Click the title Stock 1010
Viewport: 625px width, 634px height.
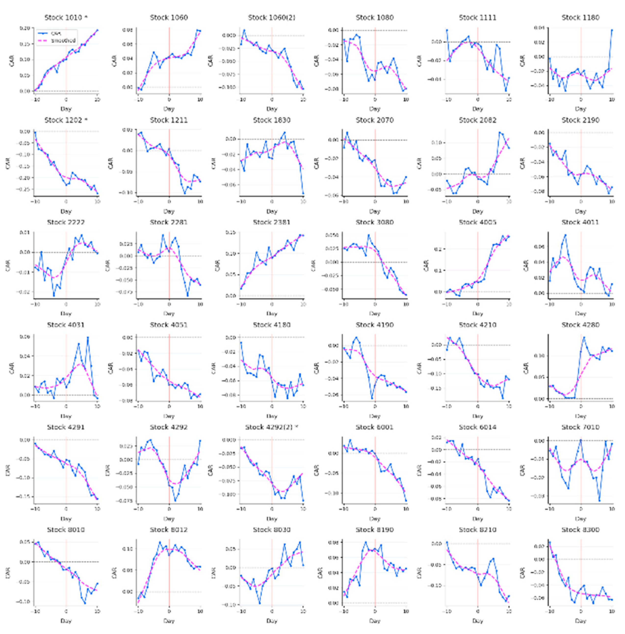[x=66, y=18]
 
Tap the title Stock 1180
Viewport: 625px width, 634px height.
[x=580, y=18]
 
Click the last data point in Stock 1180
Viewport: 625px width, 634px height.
[x=612, y=30]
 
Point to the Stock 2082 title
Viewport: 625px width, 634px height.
[x=477, y=120]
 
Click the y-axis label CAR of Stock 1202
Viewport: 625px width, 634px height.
[x=8, y=163]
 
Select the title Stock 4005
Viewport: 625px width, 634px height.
[x=477, y=223]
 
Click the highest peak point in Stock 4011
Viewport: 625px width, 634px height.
[x=565, y=235]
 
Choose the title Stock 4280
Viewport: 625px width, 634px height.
[x=580, y=325]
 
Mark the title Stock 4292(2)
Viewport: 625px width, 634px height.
[x=272, y=427]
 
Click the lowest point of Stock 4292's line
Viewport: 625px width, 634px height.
[x=175, y=501]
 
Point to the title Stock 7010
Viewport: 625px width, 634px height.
[x=580, y=427]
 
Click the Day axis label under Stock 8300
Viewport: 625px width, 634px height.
[x=580, y=621]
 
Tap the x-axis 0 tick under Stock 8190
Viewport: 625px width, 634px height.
[x=375, y=611]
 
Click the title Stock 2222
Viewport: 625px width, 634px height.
[x=66, y=223]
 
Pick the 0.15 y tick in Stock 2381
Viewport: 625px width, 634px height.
[x=231, y=233]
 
